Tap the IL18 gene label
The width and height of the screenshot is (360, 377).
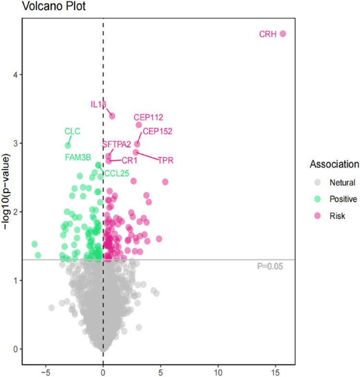click(x=99, y=104)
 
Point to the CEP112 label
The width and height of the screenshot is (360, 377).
click(x=149, y=117)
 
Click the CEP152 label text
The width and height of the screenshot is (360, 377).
click(x=158, y=131)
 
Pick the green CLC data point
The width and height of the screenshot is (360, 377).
click(x=68, y=145)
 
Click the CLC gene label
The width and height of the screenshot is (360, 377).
click(x=72, y=131)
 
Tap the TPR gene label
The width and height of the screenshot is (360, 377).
click(x=165, y=160)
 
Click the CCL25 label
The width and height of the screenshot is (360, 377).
click(x=116, y=173)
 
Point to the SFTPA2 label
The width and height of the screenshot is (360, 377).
click(x=116, y=144)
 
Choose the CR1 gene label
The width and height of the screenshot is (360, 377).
click(x=129, y=160)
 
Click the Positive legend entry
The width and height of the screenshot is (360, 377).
click(x=342, y=199)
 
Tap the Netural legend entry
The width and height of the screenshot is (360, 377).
click(x=342, y=182)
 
